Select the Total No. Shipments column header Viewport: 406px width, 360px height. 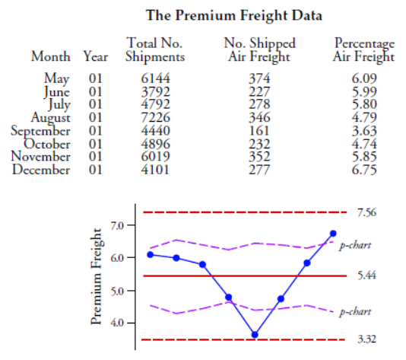coord(154,49)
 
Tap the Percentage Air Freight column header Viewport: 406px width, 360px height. coord(364,49)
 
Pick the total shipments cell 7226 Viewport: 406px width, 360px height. coord(154,118)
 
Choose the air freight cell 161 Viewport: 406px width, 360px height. coord(260,130)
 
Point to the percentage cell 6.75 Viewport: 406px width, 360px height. coord(364,169)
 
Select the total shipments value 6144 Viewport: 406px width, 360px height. coord(154,78)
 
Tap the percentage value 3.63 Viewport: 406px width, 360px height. coord(364,130)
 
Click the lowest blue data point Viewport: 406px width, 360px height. coord(255,335)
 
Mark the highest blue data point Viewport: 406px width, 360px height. coord(333,234)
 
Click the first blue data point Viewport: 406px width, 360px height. coord(150,254)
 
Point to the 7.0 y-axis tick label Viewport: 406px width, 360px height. coord(120,225)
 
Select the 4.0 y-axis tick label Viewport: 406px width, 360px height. coord(120,323)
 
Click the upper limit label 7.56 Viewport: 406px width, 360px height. coord(366,212)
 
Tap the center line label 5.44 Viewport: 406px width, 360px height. coord(366,276)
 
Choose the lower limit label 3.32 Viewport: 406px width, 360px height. coord(366,339)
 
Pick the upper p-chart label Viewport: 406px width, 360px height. coord(354,246)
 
